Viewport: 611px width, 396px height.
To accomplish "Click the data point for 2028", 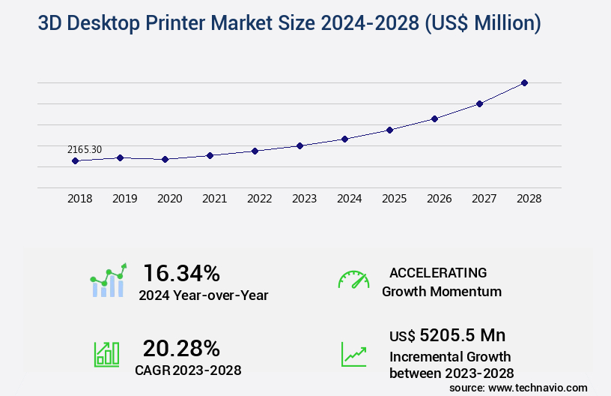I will click(524, 82).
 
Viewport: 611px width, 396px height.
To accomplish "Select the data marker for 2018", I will click(75, 160).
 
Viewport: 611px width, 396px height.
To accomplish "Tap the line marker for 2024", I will click(344, 139).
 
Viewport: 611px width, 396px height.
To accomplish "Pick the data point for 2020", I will click(165, 159).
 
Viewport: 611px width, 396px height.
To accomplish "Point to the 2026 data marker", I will click(434, 118).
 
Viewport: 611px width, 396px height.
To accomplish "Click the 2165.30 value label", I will click(84, 149).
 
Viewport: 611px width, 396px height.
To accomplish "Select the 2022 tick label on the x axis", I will click(259, 199).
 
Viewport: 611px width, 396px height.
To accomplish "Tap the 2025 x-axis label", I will click(394, 199).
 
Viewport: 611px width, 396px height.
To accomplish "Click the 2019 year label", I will click(124, 199).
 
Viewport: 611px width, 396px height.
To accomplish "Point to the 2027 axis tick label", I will click(484, 199).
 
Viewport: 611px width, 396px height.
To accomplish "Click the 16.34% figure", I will click(181, 273).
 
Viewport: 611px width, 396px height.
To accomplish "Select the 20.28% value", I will click(181, 348).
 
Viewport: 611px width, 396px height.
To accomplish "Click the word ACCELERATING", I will click(438, 272).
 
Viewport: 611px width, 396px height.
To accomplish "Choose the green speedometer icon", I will click(353, 280).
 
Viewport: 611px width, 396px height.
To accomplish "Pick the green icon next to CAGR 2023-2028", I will click(106, 353).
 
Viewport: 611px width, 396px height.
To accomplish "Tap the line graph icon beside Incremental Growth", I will click(353, 354).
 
